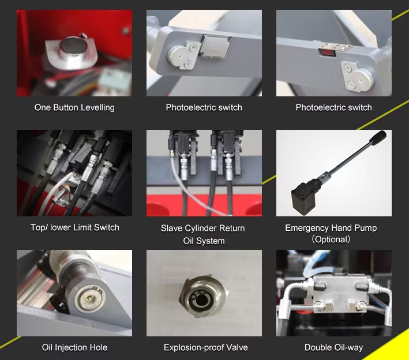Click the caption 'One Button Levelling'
click(74, 107)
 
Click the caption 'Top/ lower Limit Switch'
click(74, 227)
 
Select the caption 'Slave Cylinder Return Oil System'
click(202, 234)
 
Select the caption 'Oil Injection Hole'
click(74, 347)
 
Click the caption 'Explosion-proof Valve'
click(205, 347)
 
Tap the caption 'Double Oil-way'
click(333, 347)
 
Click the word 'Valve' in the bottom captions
click(235, 347)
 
